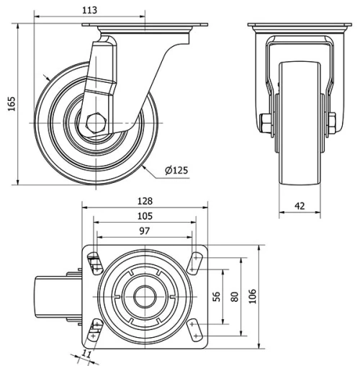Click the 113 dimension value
click(x=89, y=10)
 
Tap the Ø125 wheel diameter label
click(x=176, y=170)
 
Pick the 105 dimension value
click(x=145, y=216)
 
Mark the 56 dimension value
click(x=215, y=296)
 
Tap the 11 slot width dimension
click(x=87, y=353)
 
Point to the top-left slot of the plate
click(x=94, y=263)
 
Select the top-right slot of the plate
click(x=195, y=262)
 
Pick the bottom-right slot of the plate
click(x=195, y=329)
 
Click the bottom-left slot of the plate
click(x=94, y=330)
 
